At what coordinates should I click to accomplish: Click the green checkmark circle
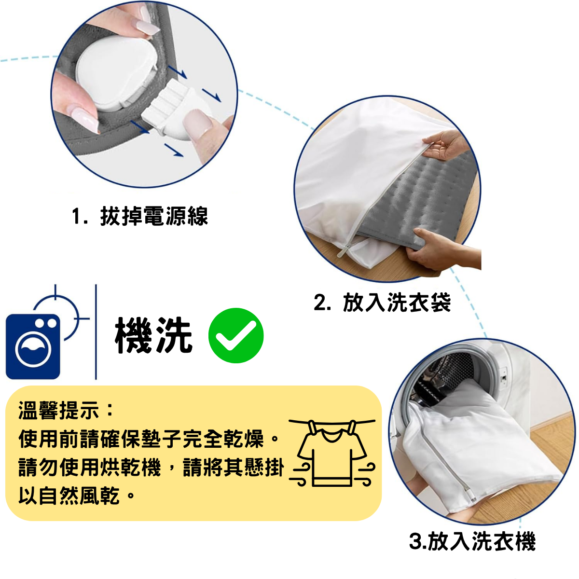236,335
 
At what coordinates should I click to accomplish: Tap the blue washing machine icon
33,346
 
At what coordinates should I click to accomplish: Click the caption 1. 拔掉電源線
140,216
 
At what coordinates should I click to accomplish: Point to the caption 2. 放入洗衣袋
382,303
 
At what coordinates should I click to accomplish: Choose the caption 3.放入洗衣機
472,541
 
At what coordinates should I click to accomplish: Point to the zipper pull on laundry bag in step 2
344,249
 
